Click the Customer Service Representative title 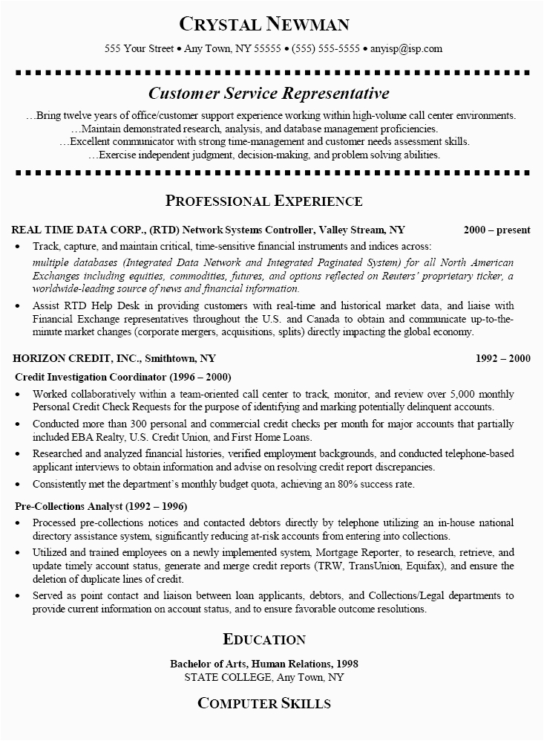pyautogui.click(x=269, y=94)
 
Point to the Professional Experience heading pyautogui.click(x=263, y=201)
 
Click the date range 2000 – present pyautogui.click(x=497, y=230)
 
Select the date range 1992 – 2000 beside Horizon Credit pyautogui.click(x=503, y=357)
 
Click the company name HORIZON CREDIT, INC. pyautogui.click(x=67, y=357)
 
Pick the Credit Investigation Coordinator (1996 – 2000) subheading pyautogui.click(x=122, y=376)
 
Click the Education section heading pyautogui.click(x=263, y=639)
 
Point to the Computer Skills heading pyautogui.click(x=263, y=703)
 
